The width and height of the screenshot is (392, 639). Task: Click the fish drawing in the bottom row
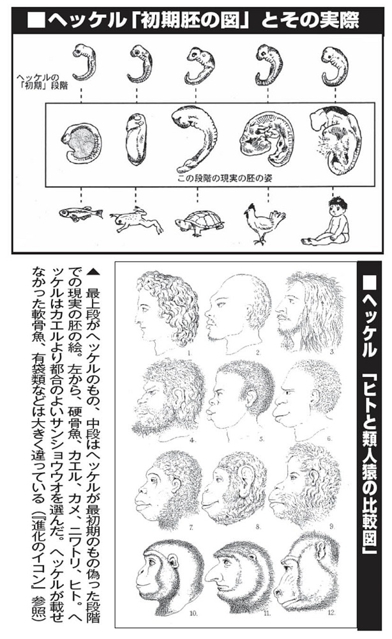[x=80, y=213]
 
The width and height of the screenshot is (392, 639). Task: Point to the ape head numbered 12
[x=306, y=571]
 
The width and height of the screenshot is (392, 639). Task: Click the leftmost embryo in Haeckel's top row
[x=84, y=62]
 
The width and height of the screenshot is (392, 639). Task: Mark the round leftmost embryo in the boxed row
[x=81, y=143]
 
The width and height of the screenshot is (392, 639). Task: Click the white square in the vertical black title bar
[x=369, y=282]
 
